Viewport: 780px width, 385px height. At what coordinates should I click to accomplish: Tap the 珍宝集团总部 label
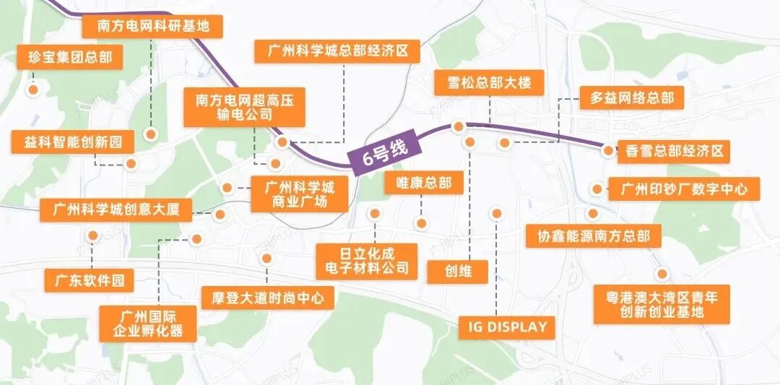point(69,58)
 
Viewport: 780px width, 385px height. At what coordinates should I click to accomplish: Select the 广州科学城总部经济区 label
point(337,51)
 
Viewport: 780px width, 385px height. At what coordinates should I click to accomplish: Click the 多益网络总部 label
point(631,98)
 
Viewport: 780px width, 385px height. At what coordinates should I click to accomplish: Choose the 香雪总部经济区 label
point(674,152)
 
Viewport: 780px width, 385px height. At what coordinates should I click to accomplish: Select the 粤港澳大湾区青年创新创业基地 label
point(662,303)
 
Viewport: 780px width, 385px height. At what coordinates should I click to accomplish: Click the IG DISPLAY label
point(508,326)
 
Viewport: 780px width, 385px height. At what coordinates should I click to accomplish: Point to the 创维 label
point(458,272)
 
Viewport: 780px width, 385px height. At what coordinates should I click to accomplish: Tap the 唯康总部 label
point(423,183)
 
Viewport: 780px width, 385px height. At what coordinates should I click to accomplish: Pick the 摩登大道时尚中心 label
point(267,297)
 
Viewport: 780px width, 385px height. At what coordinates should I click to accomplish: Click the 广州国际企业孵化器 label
point(148,323)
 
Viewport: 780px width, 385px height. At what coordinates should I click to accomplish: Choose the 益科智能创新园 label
point(73,142)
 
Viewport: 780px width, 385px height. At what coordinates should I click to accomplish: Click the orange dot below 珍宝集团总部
point(32,90)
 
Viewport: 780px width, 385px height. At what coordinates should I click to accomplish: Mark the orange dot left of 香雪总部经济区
point(609,151)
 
